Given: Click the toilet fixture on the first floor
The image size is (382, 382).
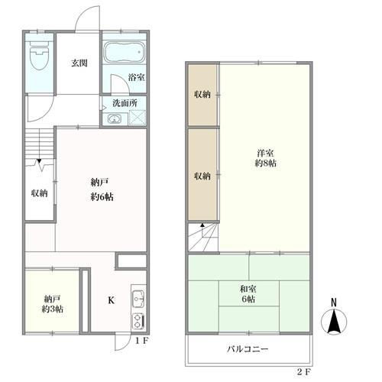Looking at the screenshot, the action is (39, 56).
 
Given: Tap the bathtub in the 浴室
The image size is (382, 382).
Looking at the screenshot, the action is (124, 53).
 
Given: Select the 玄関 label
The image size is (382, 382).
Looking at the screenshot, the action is (79, 63).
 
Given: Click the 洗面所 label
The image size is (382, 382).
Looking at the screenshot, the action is (125, 103).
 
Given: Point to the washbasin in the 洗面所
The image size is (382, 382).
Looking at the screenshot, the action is (114, 118).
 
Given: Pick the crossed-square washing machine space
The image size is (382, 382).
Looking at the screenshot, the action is (138, 118).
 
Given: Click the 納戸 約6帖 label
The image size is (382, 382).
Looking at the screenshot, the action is (102, 189).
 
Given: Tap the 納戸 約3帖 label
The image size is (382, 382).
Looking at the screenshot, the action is (53, 303).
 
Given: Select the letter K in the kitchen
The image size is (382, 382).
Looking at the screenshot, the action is (111, 300).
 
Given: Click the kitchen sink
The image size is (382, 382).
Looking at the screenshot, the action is (138, 298).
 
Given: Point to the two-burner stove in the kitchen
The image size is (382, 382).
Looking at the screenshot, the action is (138, 322).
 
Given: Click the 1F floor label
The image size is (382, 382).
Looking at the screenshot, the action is (141, 341).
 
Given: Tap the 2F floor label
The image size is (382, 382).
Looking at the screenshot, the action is (304, 372).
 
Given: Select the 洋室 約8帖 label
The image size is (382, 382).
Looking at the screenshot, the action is (266, 158).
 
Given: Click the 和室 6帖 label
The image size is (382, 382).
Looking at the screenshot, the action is (248, 294).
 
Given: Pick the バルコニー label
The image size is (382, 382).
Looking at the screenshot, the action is (248, 349).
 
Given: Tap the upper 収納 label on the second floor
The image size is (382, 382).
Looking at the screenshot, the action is (202, 95).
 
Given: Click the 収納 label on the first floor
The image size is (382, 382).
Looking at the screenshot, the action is (40, 193).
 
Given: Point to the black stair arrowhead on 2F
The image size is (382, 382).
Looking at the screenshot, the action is (202, 225).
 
